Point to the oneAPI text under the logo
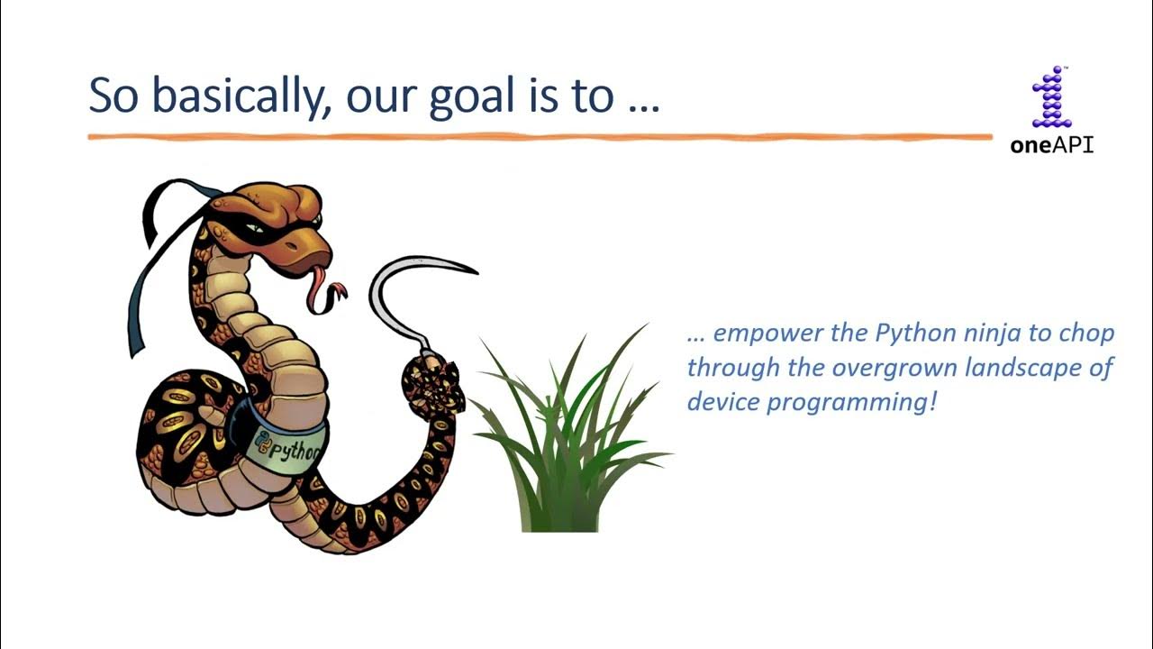coord(1052,145)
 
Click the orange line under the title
coord(540,137)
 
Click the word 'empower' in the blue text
coord(767,334)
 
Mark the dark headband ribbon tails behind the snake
coord(149,270)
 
